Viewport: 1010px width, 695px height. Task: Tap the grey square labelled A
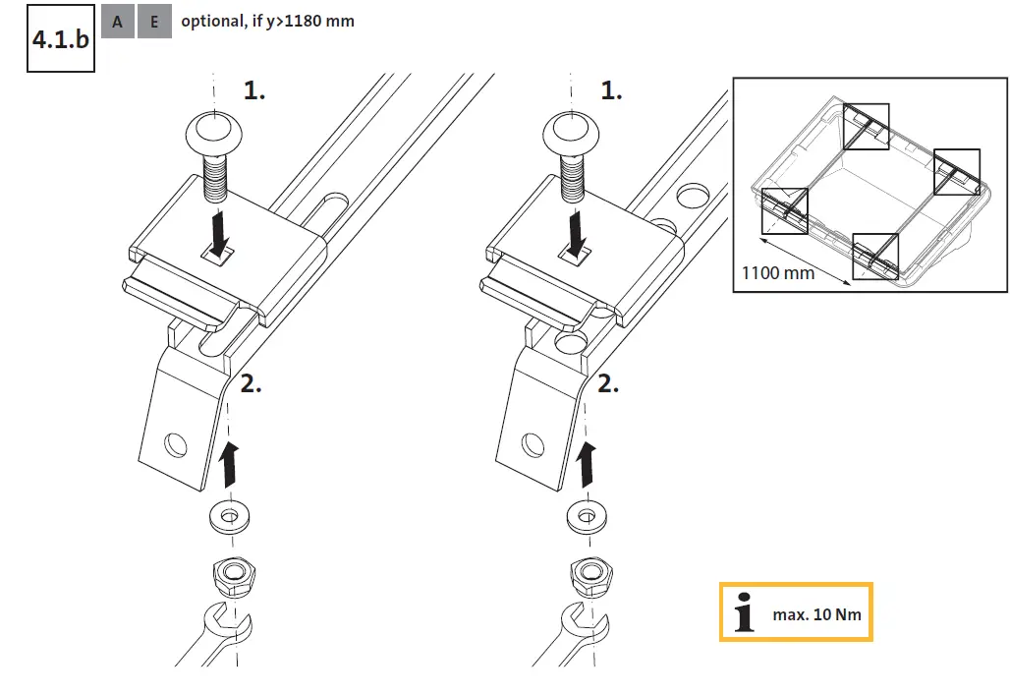coord(117,22)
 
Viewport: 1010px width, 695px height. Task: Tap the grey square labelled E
coord(154,22)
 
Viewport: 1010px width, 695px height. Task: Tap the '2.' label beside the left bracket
coord(252,384)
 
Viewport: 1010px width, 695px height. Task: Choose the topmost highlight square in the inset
coord(866,126)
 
